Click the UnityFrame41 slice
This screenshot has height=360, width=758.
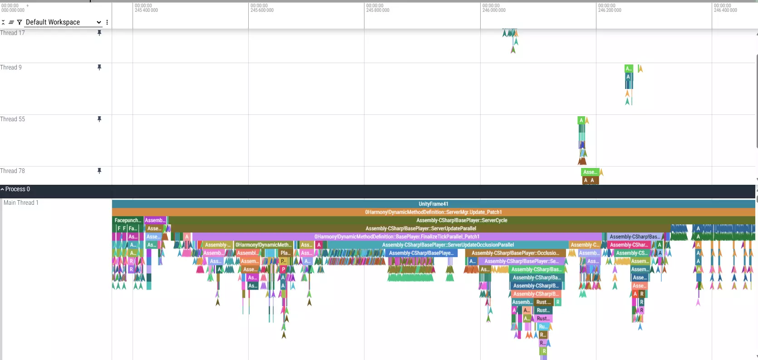(x=433, y=204)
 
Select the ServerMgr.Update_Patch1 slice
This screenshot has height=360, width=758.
(x=433, y=212)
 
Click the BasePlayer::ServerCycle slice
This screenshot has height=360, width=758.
(x=462, y=220)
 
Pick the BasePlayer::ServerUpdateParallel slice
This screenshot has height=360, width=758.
(x=420, y=228)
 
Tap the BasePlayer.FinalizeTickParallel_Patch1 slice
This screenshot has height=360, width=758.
(x=397, y=237)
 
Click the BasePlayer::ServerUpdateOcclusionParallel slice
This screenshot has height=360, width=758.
(x=448, y=245)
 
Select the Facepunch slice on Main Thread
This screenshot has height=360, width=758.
(x=128, y=220)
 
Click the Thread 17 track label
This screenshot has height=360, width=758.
(x=13, y=33)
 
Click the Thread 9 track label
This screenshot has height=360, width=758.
(x=11, y=68)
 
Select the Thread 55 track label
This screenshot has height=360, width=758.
(x=13, y=119)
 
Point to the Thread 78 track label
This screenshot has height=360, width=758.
(x=13, y=171)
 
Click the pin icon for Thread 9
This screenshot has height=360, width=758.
(x=99, y=68)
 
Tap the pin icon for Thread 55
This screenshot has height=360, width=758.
(x=99, y=119)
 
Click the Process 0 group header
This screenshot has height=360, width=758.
(x=17, y=189)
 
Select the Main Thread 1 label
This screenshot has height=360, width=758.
(x=21, y=203)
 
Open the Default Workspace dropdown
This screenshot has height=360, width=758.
(x=63, y=22)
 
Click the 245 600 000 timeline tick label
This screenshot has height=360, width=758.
(x=262, y=10)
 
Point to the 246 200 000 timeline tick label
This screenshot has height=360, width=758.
(x=610, y=10)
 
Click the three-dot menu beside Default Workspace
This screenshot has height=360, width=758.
(x=107, y=22)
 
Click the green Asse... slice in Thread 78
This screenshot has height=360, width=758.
(x=590, y=172)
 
